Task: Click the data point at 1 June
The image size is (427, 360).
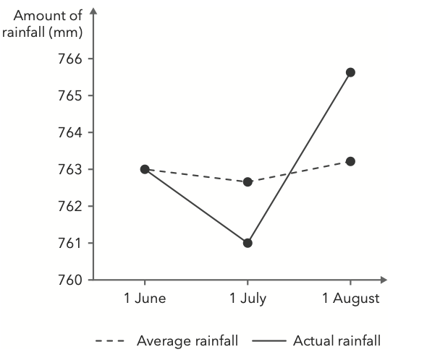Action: point(145,169)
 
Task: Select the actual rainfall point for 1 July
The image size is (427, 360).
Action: point(248,243)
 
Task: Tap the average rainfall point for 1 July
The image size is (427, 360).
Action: point(248,181)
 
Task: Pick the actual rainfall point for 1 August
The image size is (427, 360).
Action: point(350,72)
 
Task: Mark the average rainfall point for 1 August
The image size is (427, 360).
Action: point(350,161)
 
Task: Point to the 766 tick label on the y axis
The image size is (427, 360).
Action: point(69,59)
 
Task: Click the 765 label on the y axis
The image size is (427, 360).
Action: point(69,95)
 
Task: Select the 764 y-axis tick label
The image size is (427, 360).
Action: point(69,132)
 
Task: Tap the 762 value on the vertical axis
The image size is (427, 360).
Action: point(69,206)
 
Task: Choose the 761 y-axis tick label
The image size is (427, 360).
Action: point(69,243)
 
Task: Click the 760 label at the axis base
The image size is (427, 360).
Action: point(69,280)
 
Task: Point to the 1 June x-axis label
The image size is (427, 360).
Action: point(145,299)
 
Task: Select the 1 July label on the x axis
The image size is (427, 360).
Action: point(248,299)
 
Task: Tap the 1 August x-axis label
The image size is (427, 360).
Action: point(350,299)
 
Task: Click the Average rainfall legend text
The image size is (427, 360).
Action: point(187,340)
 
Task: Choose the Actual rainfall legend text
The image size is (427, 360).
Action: point(337,340)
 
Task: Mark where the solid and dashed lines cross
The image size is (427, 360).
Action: point(289,173)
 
